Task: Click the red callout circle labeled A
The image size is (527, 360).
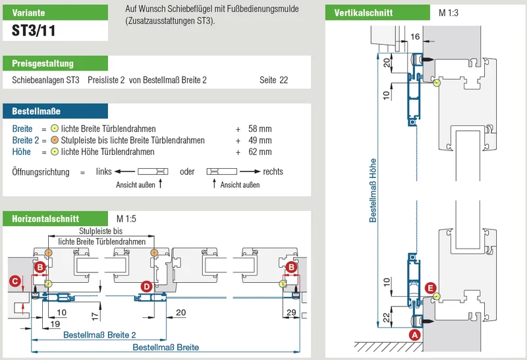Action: coord(415,335)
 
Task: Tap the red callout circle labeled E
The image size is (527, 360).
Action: coord(431,288)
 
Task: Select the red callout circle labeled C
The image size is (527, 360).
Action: coord(14,281)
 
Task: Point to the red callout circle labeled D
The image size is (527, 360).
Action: coord(146,287)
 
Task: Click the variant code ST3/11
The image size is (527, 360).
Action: coord(34,30)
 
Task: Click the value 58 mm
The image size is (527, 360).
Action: coord(260,129)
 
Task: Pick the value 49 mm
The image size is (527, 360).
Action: coord(260,140)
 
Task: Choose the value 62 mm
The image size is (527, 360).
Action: coord(260,152)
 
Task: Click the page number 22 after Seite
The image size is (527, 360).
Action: coord(284,80)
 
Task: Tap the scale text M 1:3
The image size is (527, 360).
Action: coord(449,13)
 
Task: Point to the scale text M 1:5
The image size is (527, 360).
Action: coord(126,219)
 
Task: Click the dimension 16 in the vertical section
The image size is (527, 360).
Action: coord(415,36)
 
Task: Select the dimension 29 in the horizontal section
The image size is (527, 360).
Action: coord(291,313)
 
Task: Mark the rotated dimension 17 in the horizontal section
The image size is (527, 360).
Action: coord(96,316)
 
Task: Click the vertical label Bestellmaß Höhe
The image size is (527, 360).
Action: coord(373,191)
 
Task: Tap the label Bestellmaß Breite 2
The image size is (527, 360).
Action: coord(99,335)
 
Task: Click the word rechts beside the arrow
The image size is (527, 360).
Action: coord(273,171)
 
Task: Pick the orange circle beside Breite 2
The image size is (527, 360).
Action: coord(55,140)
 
